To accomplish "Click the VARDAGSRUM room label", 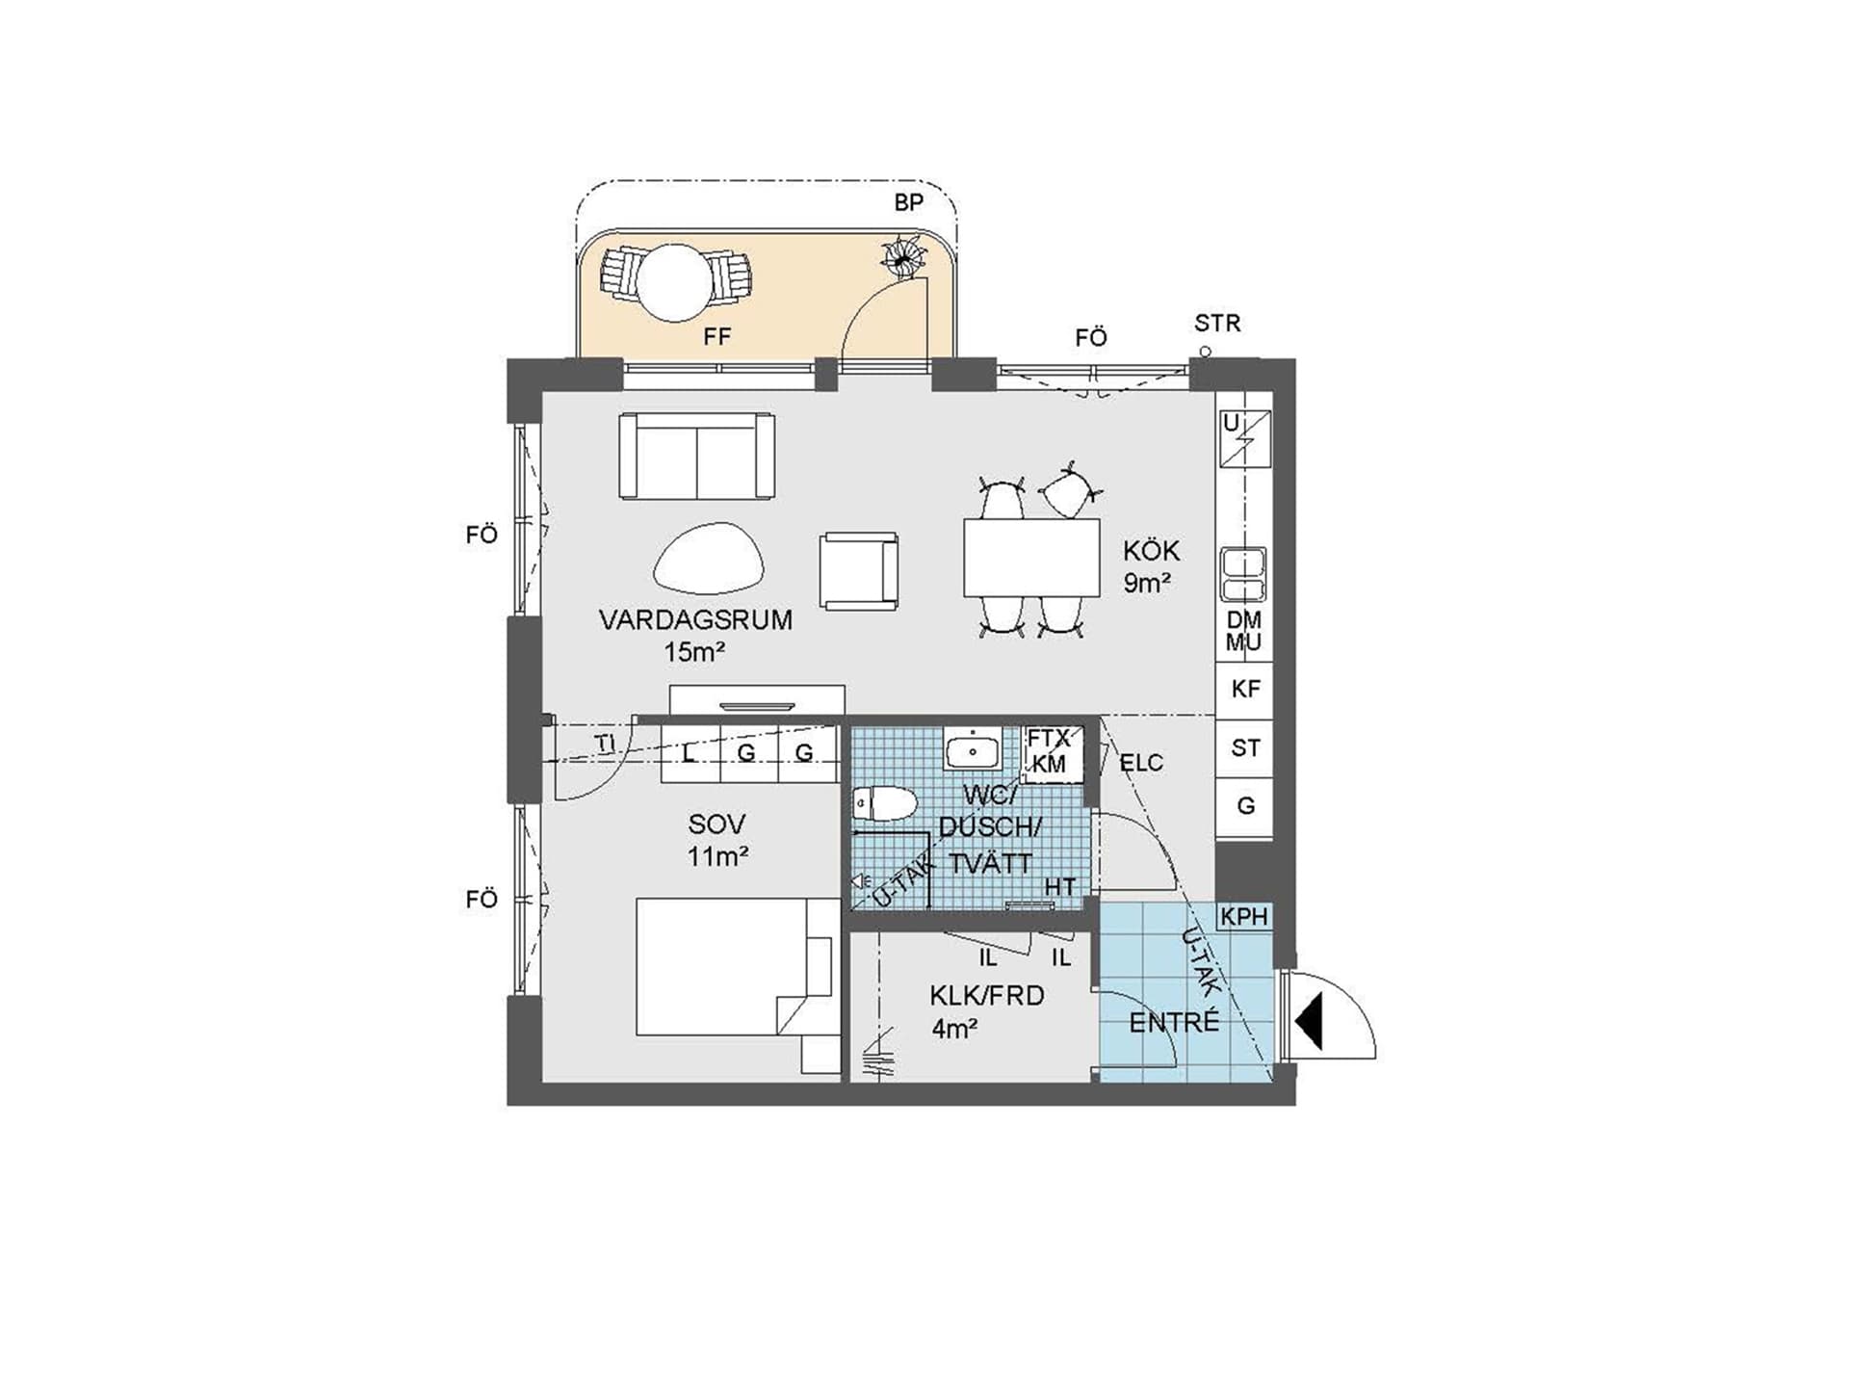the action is tap(695, 619).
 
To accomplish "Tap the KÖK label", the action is tap(1151, 551).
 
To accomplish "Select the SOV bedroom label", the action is tap(716, 824).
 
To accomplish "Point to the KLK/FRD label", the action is tap(987, 995).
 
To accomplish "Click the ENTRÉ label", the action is tap(1174, 1021).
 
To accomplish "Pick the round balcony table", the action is tap(677, 282).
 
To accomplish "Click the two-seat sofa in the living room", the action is tap(697, 457).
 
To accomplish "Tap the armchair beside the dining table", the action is tap(859, 571).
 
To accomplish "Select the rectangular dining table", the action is tap(1031, 558).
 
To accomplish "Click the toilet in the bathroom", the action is tap(884, 804).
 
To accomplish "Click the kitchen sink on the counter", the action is tap(1243, 575).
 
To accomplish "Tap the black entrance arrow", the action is tap(1310, 1022).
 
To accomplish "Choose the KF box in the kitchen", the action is tap(1244, 690).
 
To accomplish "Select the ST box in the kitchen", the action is tap(1244, 748).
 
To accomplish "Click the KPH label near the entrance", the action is tap(1244, 916).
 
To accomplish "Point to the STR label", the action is tap(1217, 324).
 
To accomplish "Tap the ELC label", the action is tap(1141, 763).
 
